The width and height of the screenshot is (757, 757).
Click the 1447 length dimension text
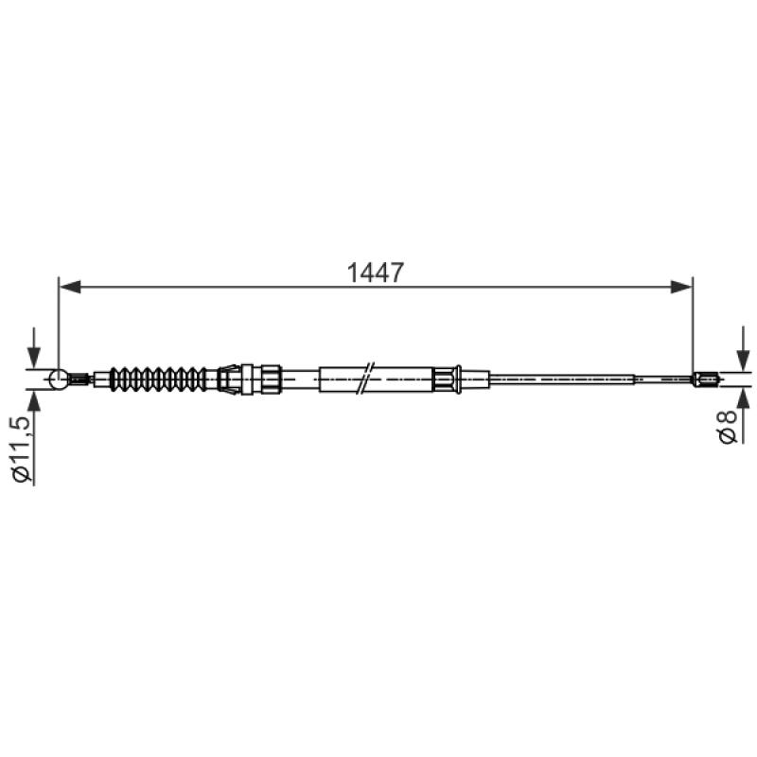(375, 273)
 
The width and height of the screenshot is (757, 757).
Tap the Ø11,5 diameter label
(22, 449)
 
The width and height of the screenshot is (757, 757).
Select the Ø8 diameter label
(728, 426)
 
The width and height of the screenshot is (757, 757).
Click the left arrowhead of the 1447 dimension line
(70, 288)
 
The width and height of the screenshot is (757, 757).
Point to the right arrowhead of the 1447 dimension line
(681, 288)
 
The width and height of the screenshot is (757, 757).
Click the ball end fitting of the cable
(59, 379)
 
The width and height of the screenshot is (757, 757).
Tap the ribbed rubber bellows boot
(158, 379)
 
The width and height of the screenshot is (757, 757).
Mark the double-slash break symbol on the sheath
(365, 378)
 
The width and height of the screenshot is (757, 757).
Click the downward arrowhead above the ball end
(34, 358)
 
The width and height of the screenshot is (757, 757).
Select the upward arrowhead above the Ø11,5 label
(34, 400)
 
